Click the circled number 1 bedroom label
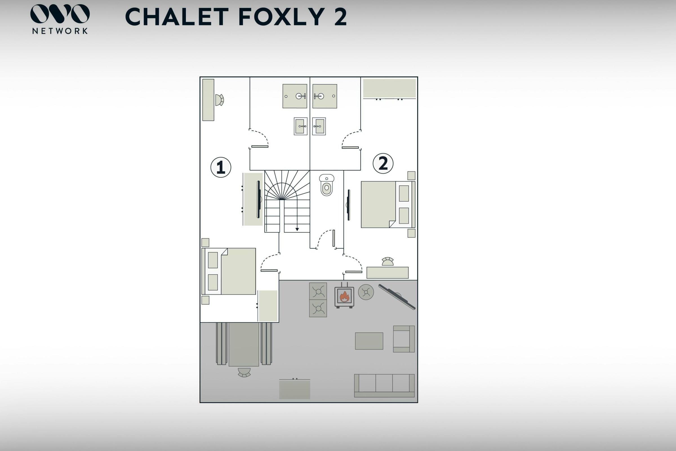pyautogui.click(x=221, y=167)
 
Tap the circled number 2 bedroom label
pyautogui.click(x=383, y=163)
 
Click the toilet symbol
pyautogui.click(x=326, y=185)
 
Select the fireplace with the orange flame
pyautogui.click(x=344, y=296)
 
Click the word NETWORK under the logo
pyautogui.click(x=60, y=31)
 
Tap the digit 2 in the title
pyautogui.click(x=340, y=17)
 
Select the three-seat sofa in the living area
pyautogui.click(x=384, y=386)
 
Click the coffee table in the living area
pyautogui.click(x=369, y=341)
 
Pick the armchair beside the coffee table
pyautogui.click(x=404, y=339)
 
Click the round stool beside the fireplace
pyautogui.click(x=366, y=292)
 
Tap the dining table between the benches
pyautogui.click(x=244, y=344)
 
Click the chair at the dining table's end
pyautogui.click(x=244, y=372)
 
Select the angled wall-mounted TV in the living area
pyautogui.click(x=397, y=297)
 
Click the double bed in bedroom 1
pyautogui.click(x=229, y=271)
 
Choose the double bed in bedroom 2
pyautogui.click(x=388, y=205)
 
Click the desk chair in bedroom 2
pyautogui.click(x=388, y=262)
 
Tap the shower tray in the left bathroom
pyautogui.click(x=295, y=96)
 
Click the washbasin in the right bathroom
pyautogui.click(x=319, y=126)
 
